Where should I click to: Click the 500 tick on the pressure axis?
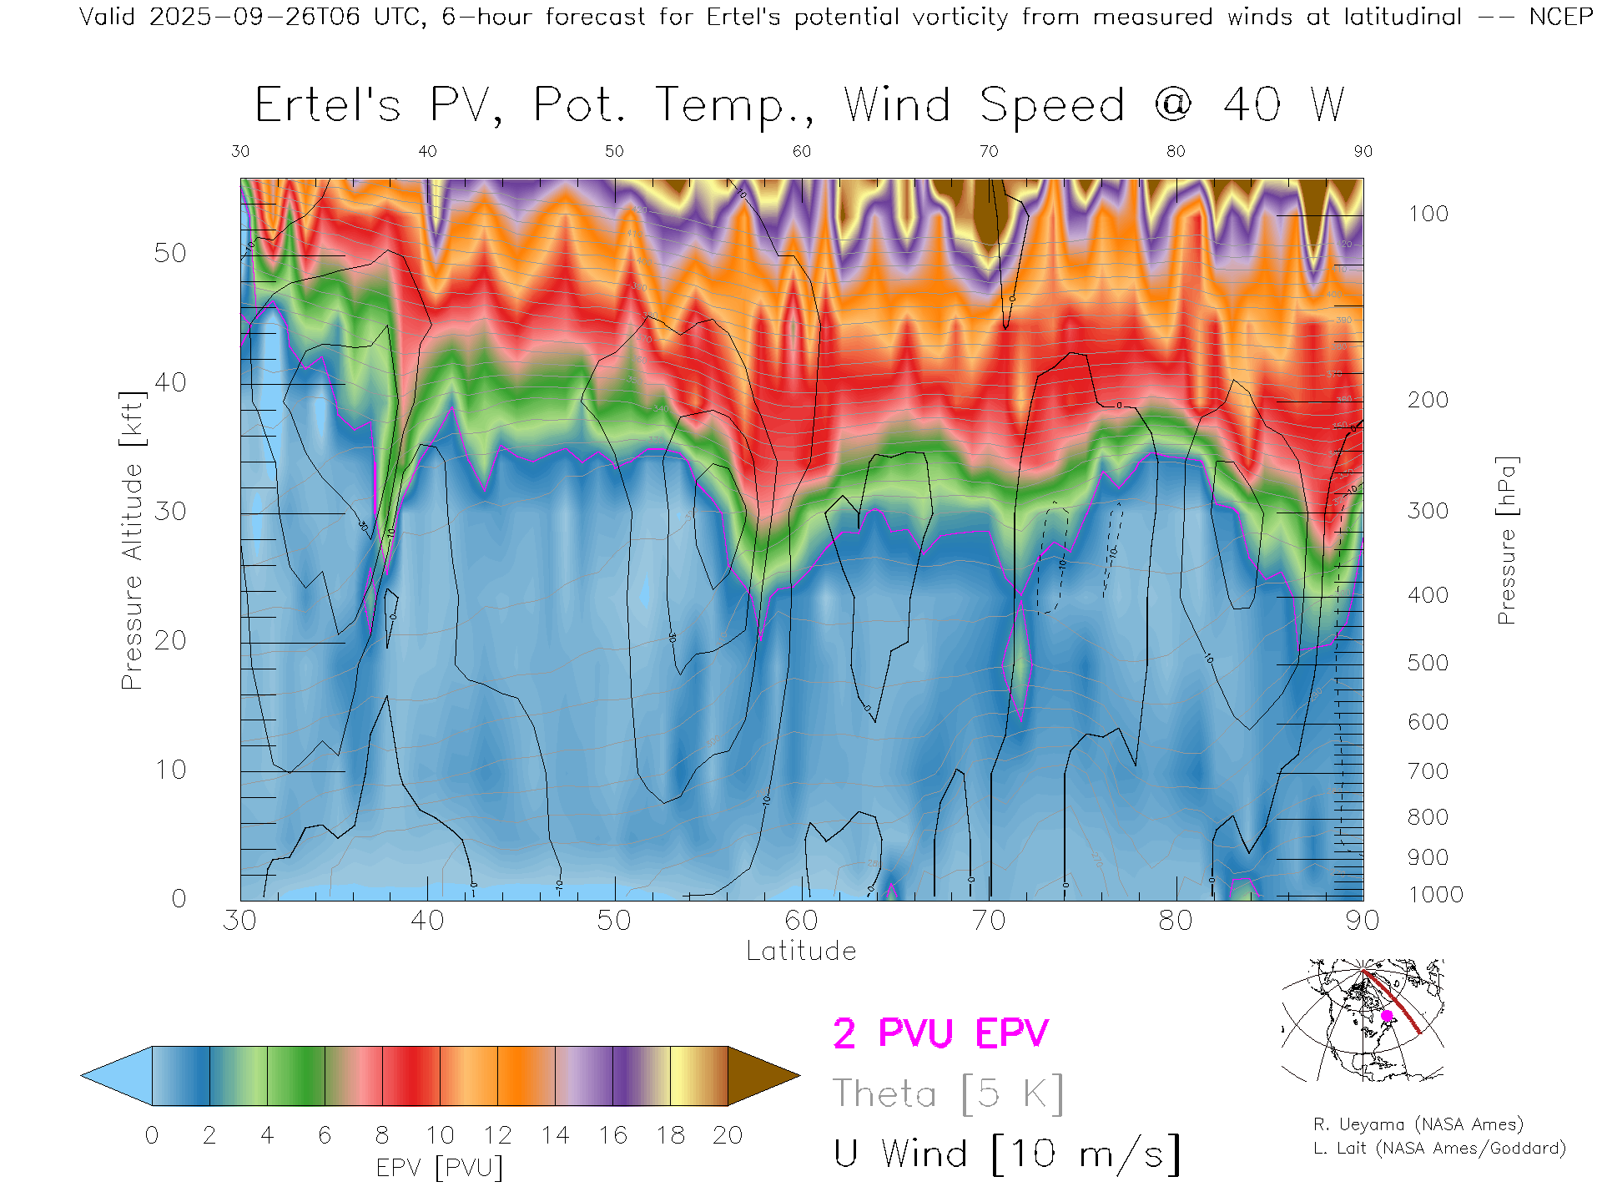[x=1428, y=663]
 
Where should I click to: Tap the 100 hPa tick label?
[x=1428, y=214]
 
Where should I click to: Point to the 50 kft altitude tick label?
[x=169, y=253]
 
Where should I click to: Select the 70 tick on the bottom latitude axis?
[x=989, y=920]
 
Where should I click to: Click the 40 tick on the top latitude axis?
[x=427, y=151]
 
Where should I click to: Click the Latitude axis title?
[x=801, y=951]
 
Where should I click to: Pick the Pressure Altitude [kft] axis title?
[x=132, y=540]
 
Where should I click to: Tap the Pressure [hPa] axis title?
[x=1506, y=540]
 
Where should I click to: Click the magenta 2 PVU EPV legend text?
[x=940, y=1033]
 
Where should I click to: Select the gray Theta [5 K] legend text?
[x=948, y=1093]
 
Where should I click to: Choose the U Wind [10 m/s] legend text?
[x=1006, y=1154]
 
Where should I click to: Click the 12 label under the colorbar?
[x=497, y=1135]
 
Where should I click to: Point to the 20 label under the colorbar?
[x=728, y=1135]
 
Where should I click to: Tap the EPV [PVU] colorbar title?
[x=440, y=1167]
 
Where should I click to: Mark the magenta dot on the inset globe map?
[x=1387, y=1016]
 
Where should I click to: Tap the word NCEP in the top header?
[x=1560, y=17]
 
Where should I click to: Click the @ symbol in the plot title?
[x=1173, y=105]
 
